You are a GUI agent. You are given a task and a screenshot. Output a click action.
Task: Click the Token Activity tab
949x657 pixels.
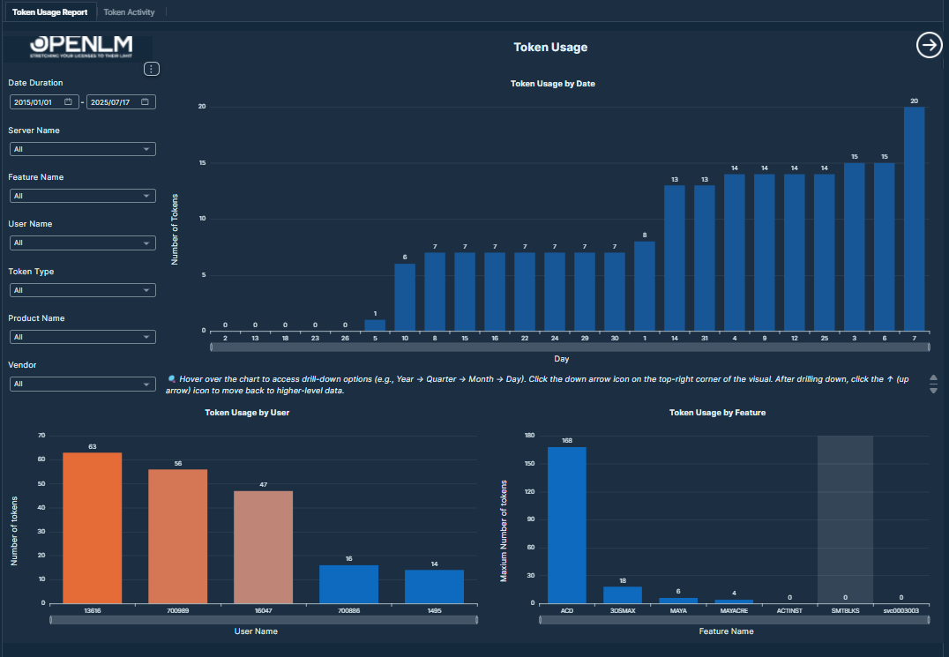coord(129,12)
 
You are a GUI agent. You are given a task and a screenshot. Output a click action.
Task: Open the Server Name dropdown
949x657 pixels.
coord(82,149)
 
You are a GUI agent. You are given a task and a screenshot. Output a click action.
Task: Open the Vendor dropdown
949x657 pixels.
coord(82,384)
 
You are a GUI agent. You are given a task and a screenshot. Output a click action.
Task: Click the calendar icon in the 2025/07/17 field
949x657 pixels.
coord(146,102)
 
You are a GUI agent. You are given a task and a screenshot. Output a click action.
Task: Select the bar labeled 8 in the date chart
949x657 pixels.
coord(645,286)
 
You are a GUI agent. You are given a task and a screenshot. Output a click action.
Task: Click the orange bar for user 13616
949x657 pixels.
coord(92,527)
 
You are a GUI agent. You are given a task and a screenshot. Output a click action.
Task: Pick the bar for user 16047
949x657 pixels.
coord(263,547)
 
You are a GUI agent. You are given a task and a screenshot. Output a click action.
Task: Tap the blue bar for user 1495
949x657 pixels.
coord(434,586)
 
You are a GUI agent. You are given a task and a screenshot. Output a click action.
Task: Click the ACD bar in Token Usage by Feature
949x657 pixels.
coord(566,525)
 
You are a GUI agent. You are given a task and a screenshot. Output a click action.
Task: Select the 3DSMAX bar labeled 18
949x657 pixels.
coord(623,594)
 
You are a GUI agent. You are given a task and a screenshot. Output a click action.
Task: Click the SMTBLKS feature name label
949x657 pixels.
coord(845,610)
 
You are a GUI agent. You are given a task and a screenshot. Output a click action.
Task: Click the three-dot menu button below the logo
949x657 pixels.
coord(151,69)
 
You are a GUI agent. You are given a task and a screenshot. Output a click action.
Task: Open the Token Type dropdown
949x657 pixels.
coord(82,290)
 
